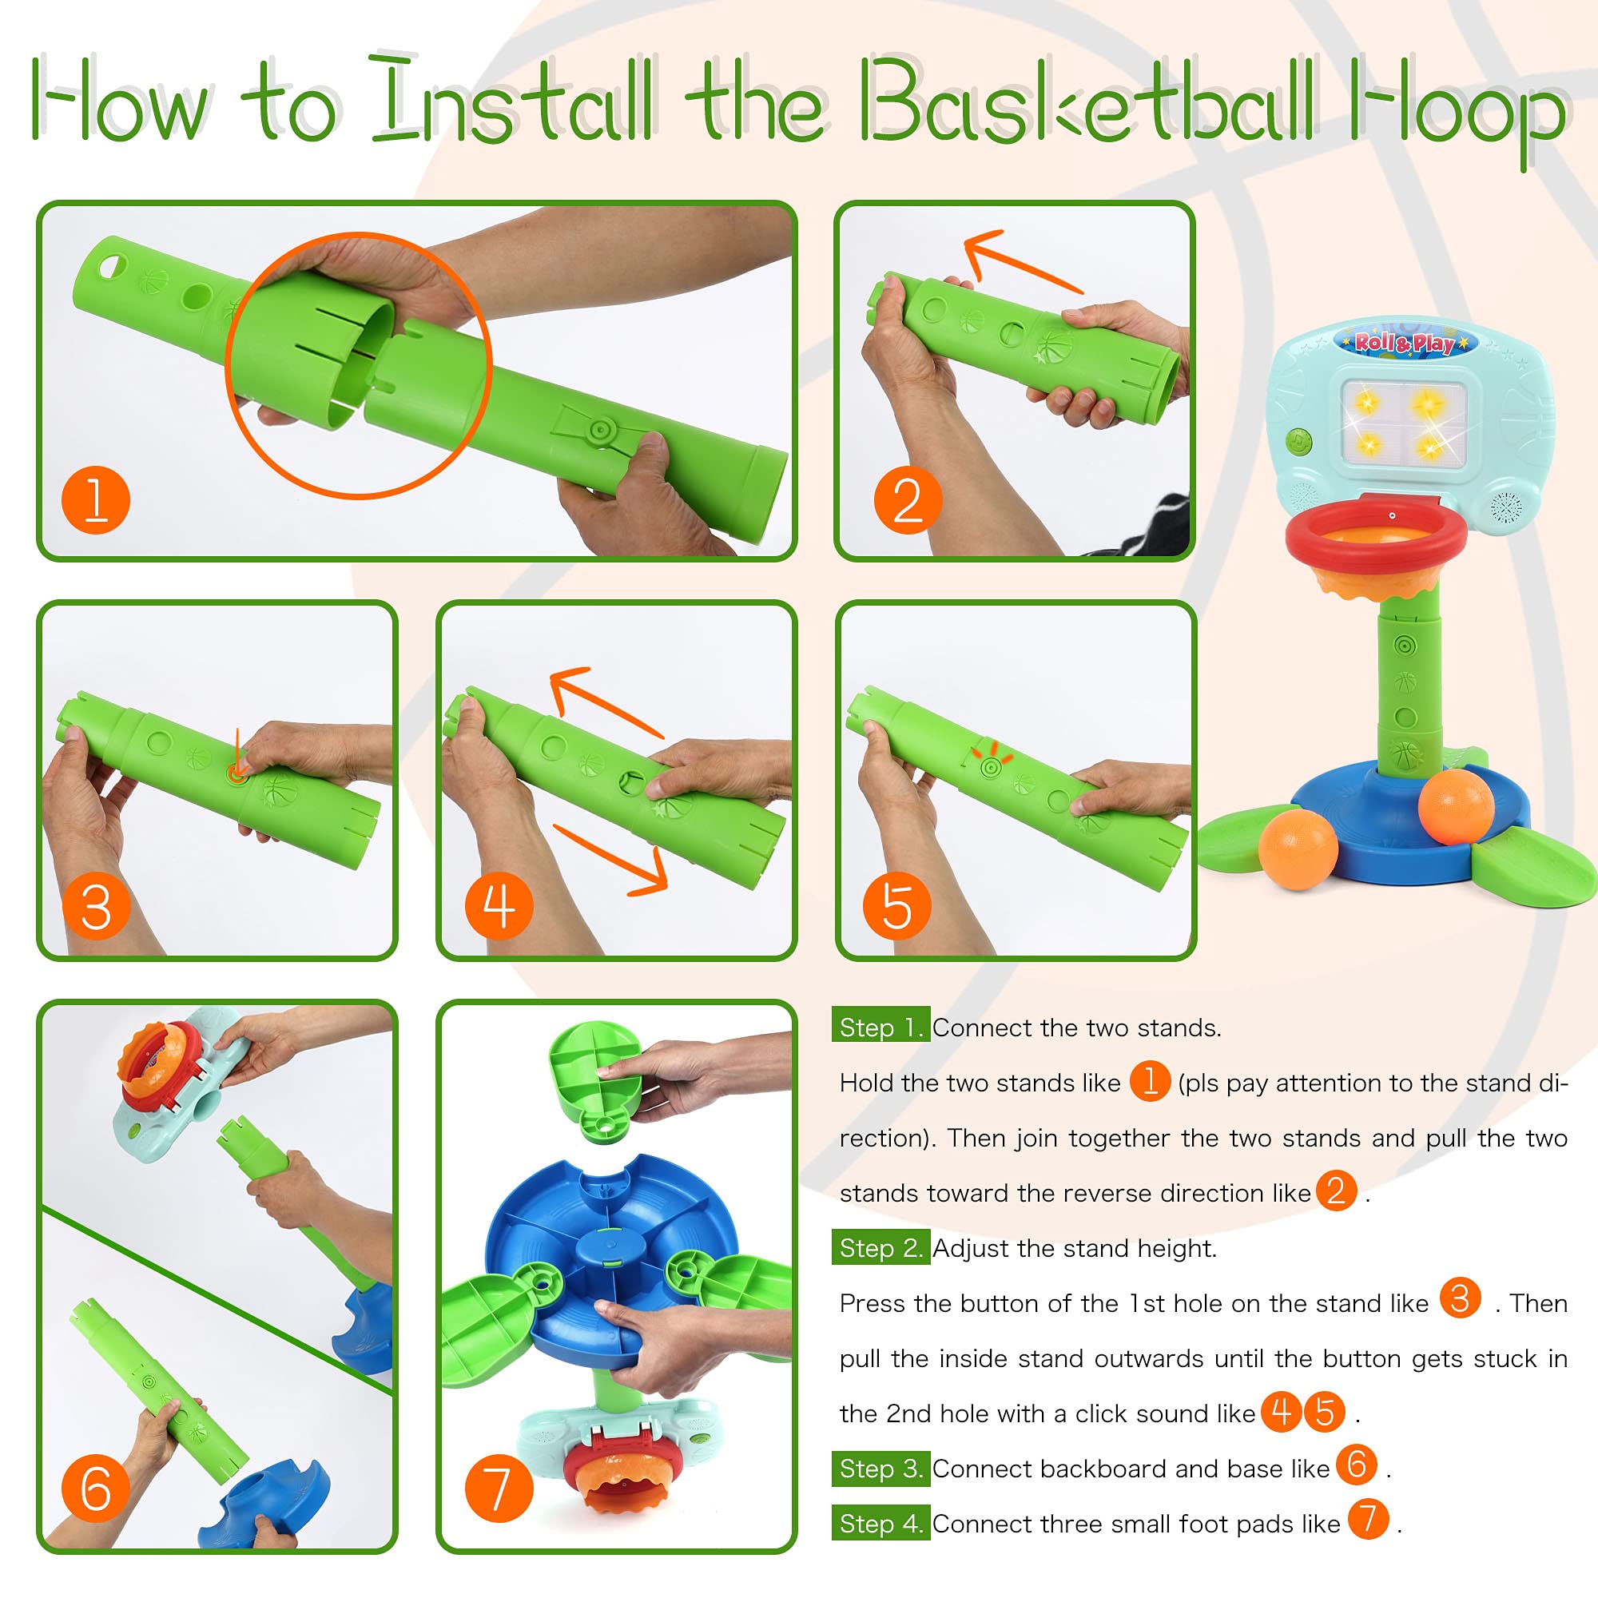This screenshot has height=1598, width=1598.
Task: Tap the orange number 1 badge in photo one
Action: coord(96,499)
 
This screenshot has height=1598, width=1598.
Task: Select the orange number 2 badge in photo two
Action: coord(908,499)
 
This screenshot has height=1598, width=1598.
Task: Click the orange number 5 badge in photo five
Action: coord(896,906)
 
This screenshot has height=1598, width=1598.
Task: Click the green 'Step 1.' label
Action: coord(880,1028)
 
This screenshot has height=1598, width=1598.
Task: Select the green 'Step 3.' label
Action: coord(880,1469)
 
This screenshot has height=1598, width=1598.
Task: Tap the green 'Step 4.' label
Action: coord(880,1524)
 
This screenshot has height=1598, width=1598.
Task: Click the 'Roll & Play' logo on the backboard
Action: coord(1405,342)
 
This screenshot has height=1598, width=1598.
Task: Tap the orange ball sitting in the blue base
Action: coord(1455,806)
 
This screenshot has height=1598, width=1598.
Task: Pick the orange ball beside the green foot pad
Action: coord(1298,849)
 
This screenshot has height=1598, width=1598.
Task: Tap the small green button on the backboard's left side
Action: coord(1298,439)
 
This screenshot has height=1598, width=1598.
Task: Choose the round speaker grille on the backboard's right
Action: coord(1505,506)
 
